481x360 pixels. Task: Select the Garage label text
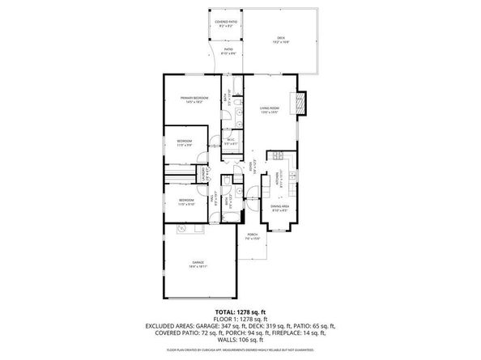coord(198,261)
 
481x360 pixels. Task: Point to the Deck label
coord(281,36)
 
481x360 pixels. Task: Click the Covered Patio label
coord(226,23)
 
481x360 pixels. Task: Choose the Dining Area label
coord(279,207)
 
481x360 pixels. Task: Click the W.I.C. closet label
coord(231,140)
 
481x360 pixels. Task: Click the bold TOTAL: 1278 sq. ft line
coord(240,311)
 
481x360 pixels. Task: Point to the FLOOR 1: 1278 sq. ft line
coord(240,318)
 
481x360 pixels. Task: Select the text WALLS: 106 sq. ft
coord(240,338)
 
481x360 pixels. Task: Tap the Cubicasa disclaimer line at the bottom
coord(240,349)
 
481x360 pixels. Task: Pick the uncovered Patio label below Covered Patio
coord(228,53)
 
